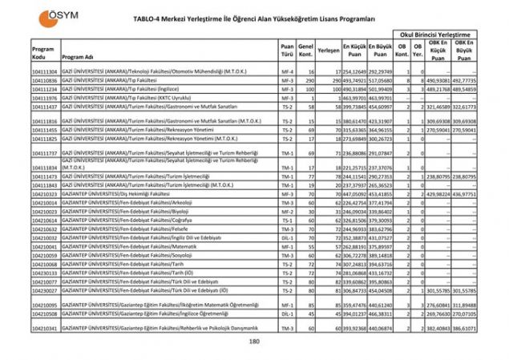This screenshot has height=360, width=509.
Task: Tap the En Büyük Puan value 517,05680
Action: point(380,81)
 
